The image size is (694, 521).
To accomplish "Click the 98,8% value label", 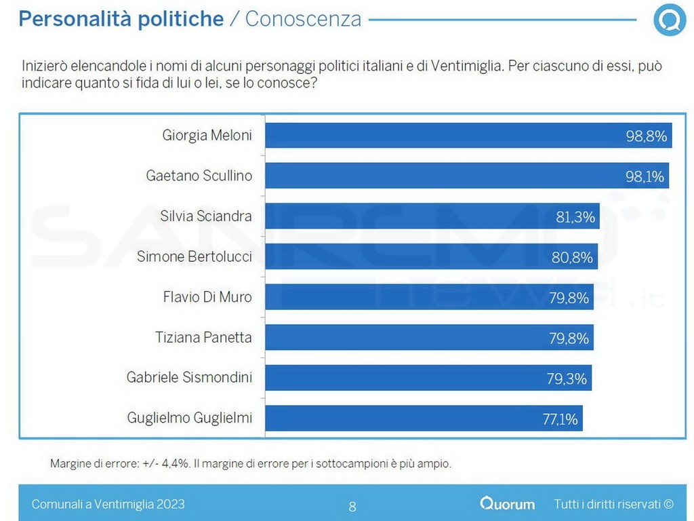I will [x=647, y=136].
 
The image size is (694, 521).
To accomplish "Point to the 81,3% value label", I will [x=575, y=217].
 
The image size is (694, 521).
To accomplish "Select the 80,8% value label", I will [x=573, y=258].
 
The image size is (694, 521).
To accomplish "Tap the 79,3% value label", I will [x=567, y=379].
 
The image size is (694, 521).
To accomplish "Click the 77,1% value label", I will [x=560, y=419].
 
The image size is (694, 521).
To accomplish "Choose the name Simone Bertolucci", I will [x=195, y=257].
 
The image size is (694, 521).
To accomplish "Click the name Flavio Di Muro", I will [x=207, y=297].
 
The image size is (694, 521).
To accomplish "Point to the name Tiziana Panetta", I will [x=204, y=338].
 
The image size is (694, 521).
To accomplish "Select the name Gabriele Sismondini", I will [x=189, y=378].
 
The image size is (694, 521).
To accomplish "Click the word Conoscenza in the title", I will [x=303, y=19].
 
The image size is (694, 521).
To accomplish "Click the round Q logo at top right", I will [x=670, y=20].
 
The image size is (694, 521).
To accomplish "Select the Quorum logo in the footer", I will [x=508, y=504].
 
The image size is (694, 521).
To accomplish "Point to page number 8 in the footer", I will [x=352, y=506].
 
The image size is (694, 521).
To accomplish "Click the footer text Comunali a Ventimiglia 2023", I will [x=108, y=504].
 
